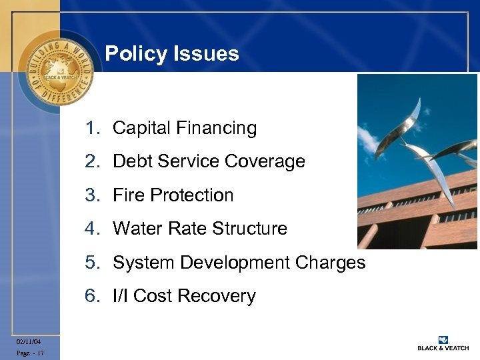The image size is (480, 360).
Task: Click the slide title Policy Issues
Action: point(172,53)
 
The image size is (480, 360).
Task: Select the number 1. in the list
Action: point(93,128)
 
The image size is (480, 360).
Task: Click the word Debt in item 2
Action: point(133,161)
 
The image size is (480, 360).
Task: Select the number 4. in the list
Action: point(93,229)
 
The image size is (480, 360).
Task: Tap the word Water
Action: point(137,229)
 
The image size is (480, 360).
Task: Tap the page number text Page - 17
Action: point(31,353)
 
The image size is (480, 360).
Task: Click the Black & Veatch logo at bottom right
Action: point(443,343)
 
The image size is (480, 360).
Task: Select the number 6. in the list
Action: point(93,296)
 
